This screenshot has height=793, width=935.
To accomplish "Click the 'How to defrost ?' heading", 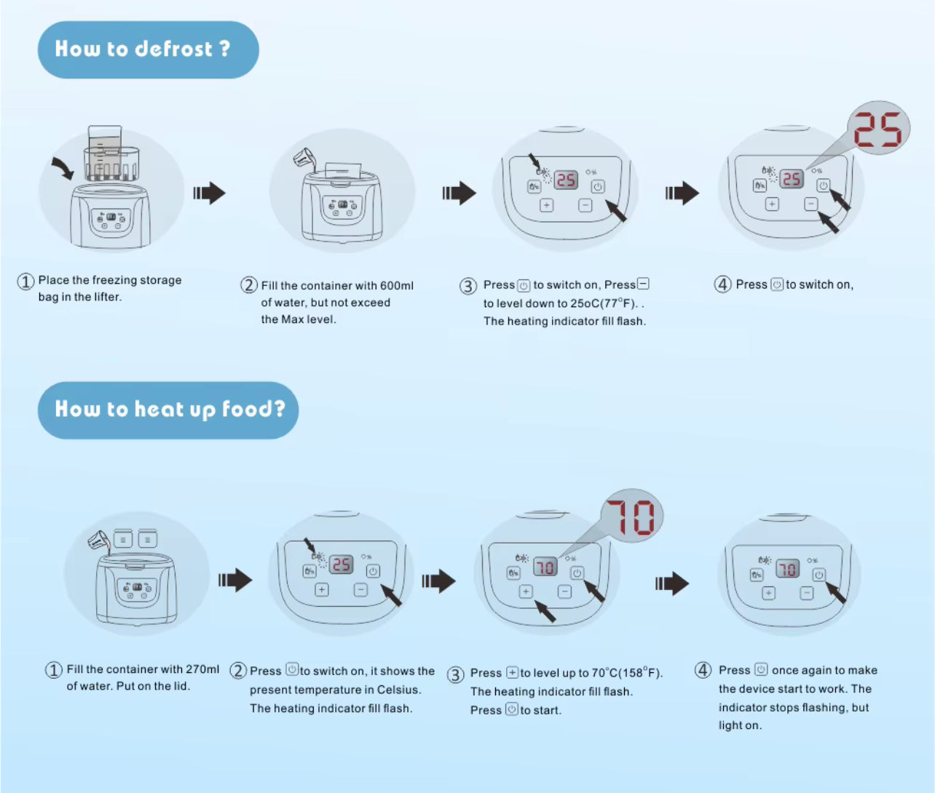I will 143,49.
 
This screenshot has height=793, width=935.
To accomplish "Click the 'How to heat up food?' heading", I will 169,410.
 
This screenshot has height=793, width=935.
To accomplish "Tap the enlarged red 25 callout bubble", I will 877,131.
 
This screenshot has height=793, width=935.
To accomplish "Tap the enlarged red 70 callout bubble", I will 631,517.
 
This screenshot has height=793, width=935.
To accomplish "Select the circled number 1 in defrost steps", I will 25,282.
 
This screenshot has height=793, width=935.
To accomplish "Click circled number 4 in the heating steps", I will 703,670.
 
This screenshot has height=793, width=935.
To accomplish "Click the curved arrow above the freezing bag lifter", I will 62,170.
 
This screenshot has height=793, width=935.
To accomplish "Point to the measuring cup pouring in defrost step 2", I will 303,159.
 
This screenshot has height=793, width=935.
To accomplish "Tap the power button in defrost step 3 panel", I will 598,187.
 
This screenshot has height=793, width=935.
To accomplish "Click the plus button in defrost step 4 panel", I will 772,204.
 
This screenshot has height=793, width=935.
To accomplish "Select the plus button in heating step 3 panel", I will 526,592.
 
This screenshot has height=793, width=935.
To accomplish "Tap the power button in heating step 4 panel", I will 818,575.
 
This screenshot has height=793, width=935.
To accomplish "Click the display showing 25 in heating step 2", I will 341,565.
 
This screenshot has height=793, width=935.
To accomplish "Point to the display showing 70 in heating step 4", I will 787,568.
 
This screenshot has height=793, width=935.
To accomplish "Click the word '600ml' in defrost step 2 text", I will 396,286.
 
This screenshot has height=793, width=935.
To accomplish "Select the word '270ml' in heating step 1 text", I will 202,669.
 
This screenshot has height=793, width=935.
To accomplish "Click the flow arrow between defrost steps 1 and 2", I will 210,194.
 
